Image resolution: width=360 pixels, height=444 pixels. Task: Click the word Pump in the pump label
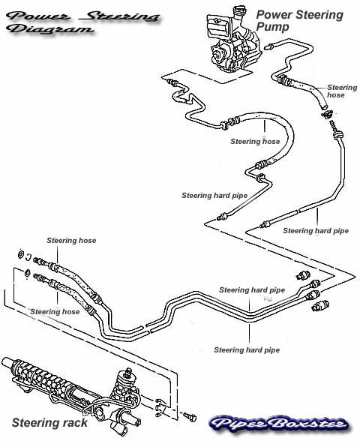(x=272, y=28)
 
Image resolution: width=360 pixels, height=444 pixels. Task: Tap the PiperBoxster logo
(x=279, y=424)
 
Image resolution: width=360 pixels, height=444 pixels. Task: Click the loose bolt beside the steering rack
(x=190, y=416)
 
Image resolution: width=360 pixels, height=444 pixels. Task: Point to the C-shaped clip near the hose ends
(x=28, y=256)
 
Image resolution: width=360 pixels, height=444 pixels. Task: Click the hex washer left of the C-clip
(x=21, y=254)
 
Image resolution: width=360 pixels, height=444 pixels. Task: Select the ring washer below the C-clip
(x=27, y=273)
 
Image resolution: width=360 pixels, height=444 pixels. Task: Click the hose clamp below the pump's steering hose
(x=326, y=115)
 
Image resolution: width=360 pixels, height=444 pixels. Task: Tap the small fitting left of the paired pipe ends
(x=303, y=275)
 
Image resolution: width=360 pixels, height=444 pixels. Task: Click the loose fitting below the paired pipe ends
(x=320, y=306)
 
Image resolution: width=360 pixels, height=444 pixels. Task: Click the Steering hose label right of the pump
(x=342, y=91)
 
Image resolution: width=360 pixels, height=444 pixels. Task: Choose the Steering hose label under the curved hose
(x=255, y=141)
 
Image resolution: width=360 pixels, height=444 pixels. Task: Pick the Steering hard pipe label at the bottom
(x=247, y=350)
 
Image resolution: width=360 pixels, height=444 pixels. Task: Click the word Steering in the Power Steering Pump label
(x=313, y=15)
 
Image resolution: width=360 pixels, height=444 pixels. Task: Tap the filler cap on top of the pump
(x=238, y=11)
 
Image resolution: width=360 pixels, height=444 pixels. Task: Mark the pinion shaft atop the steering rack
(x=128, y=371)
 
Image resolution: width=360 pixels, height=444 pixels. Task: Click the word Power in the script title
(x=38, y=16)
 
